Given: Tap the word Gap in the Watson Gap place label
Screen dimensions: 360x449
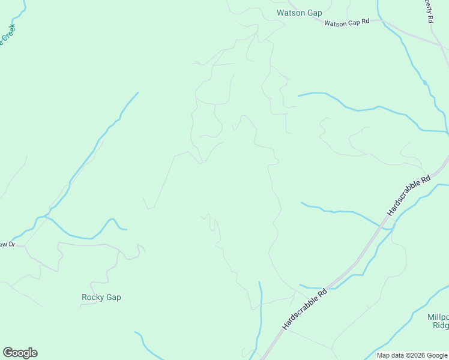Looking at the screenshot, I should (x=315, y=13).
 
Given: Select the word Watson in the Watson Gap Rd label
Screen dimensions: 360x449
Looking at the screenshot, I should (x=336, y=23).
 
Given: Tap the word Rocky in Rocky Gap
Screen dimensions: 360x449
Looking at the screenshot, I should (x=92, y=297).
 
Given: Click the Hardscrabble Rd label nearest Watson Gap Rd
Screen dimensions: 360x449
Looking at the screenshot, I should (x=410, y=196).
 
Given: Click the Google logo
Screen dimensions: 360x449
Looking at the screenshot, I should (x=20, y=353).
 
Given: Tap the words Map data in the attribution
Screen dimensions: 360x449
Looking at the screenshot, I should (x=390, y=355).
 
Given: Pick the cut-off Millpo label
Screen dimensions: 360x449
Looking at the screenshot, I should (x=438, y=317).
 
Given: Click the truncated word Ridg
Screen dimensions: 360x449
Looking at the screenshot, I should (x=441, y=326).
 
